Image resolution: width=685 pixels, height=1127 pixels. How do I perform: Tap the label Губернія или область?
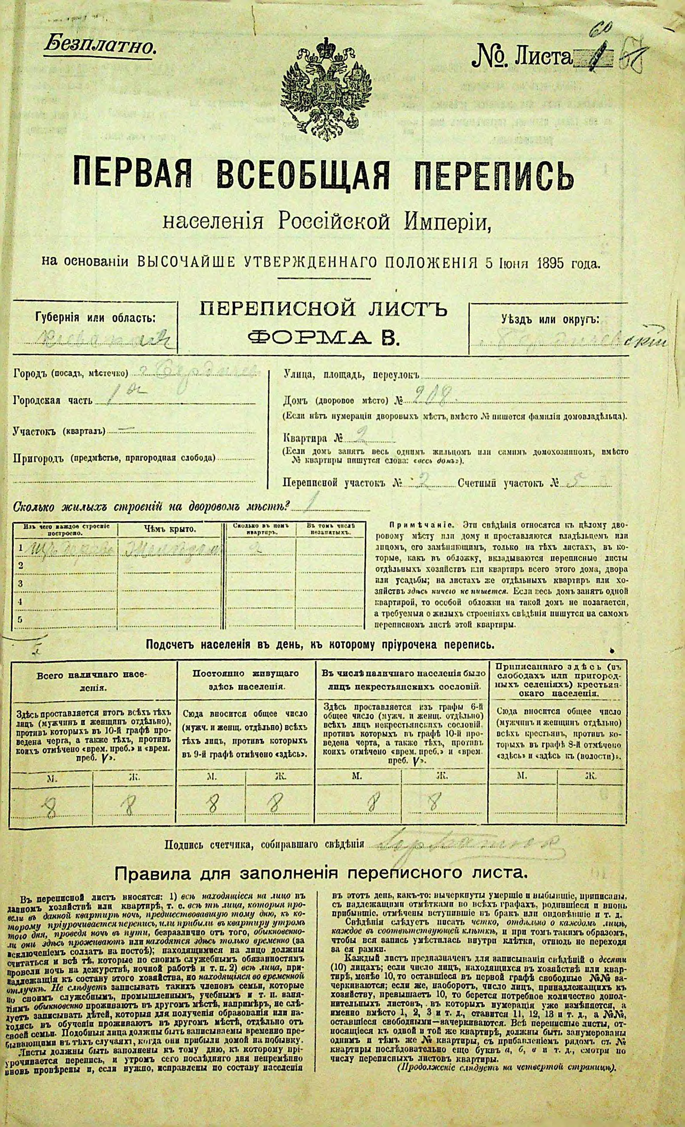95,317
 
